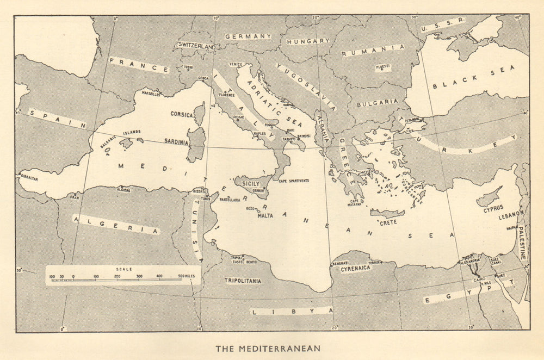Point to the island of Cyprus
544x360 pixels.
pyautogui.click(x=489, y=197)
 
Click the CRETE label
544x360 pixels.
pyautogui.click(x=388, y=222)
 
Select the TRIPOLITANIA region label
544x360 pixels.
pyautogui.click(x=243, y=281)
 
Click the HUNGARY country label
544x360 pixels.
pyautogui.click(x=308, y=41)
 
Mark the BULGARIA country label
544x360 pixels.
pyautogui.click(x=378, y=102)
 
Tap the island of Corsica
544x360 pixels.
pyautogui.click(x=200, y=115)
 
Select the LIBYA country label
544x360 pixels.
pyautogui.click(x=294, y=311)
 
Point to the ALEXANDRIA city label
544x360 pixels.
pyautogui.click(x=470, y=260)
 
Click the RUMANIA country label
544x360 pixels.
pyautogui.click(x=373, y=51)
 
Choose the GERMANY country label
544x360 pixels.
pyautogui.click(x=248, y=36)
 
